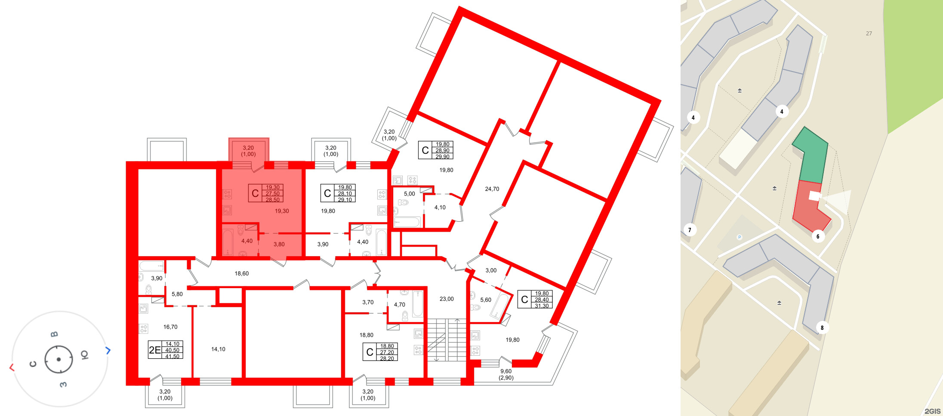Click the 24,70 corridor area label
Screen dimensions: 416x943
coord(492,189)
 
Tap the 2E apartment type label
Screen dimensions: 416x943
coord(155,350)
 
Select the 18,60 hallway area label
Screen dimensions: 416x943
coord(241,273)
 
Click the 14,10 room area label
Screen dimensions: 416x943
coord(218,349)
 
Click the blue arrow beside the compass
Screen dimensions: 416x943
coord(108,351)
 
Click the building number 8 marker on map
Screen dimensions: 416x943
coord(822,328)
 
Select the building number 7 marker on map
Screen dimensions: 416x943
coord(690,230)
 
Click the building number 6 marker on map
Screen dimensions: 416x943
coord(818,236)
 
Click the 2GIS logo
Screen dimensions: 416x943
coord(932,411)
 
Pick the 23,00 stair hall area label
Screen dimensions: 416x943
coord(447,299)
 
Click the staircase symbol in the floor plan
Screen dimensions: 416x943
coord(447,340)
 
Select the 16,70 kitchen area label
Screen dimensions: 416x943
coord(170,327)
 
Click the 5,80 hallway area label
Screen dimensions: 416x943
coord(177,294)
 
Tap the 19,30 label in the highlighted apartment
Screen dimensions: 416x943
coord(282,211)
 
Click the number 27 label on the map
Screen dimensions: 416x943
coord(869,33)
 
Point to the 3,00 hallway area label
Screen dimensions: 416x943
coord(491,270)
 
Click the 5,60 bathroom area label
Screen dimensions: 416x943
coord(486,300)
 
